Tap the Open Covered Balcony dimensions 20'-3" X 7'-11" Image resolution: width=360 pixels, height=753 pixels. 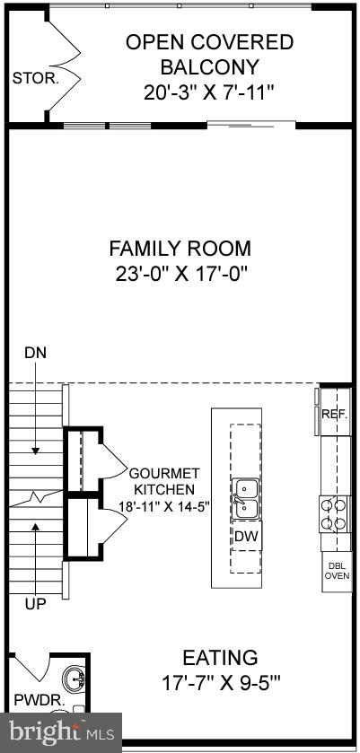point(209,92)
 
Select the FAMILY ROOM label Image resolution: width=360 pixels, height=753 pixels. point(180,249)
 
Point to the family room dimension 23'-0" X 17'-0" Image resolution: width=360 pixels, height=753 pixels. point(180,273)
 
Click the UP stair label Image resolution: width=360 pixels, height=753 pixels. point(34,605)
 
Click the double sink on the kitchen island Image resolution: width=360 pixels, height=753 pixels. point(245,499)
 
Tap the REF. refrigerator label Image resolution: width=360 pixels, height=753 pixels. point(335,414)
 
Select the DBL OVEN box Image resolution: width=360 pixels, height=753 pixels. point(337,571)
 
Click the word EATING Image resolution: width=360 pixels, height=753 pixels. point(220,658)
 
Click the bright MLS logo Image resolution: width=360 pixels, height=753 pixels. point(60,732)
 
